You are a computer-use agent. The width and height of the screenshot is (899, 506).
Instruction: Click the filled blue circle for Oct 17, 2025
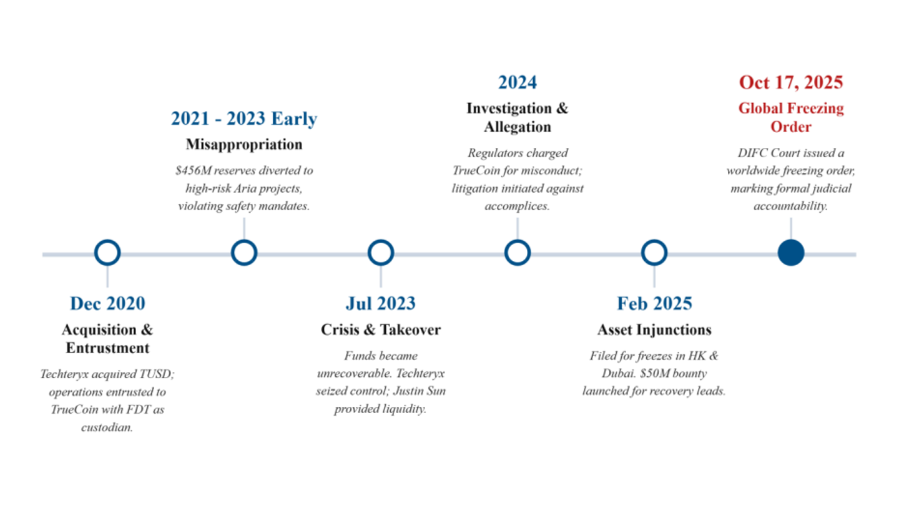(790, 253)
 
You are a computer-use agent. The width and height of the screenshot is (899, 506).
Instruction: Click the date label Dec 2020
(107, 303)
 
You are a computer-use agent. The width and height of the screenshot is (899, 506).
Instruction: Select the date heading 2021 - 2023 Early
(244, 119)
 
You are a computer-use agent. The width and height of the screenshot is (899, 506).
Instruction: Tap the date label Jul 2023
(380, 303)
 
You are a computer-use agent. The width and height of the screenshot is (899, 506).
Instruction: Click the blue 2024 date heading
(518, 82)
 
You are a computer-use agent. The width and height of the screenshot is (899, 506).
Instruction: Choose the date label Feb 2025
(654, 303)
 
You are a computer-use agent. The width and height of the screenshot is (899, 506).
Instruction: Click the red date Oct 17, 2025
(791, 82)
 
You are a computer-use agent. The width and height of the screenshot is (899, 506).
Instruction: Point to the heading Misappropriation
(244, 144)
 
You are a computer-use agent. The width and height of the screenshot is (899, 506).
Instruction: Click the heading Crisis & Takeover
(380, 329)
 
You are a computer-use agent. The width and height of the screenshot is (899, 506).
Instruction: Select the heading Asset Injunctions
(654, 329)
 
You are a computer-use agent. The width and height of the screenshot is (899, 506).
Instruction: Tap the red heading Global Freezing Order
(791, 117)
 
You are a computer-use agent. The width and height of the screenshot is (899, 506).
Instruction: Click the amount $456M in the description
(194, 171)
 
